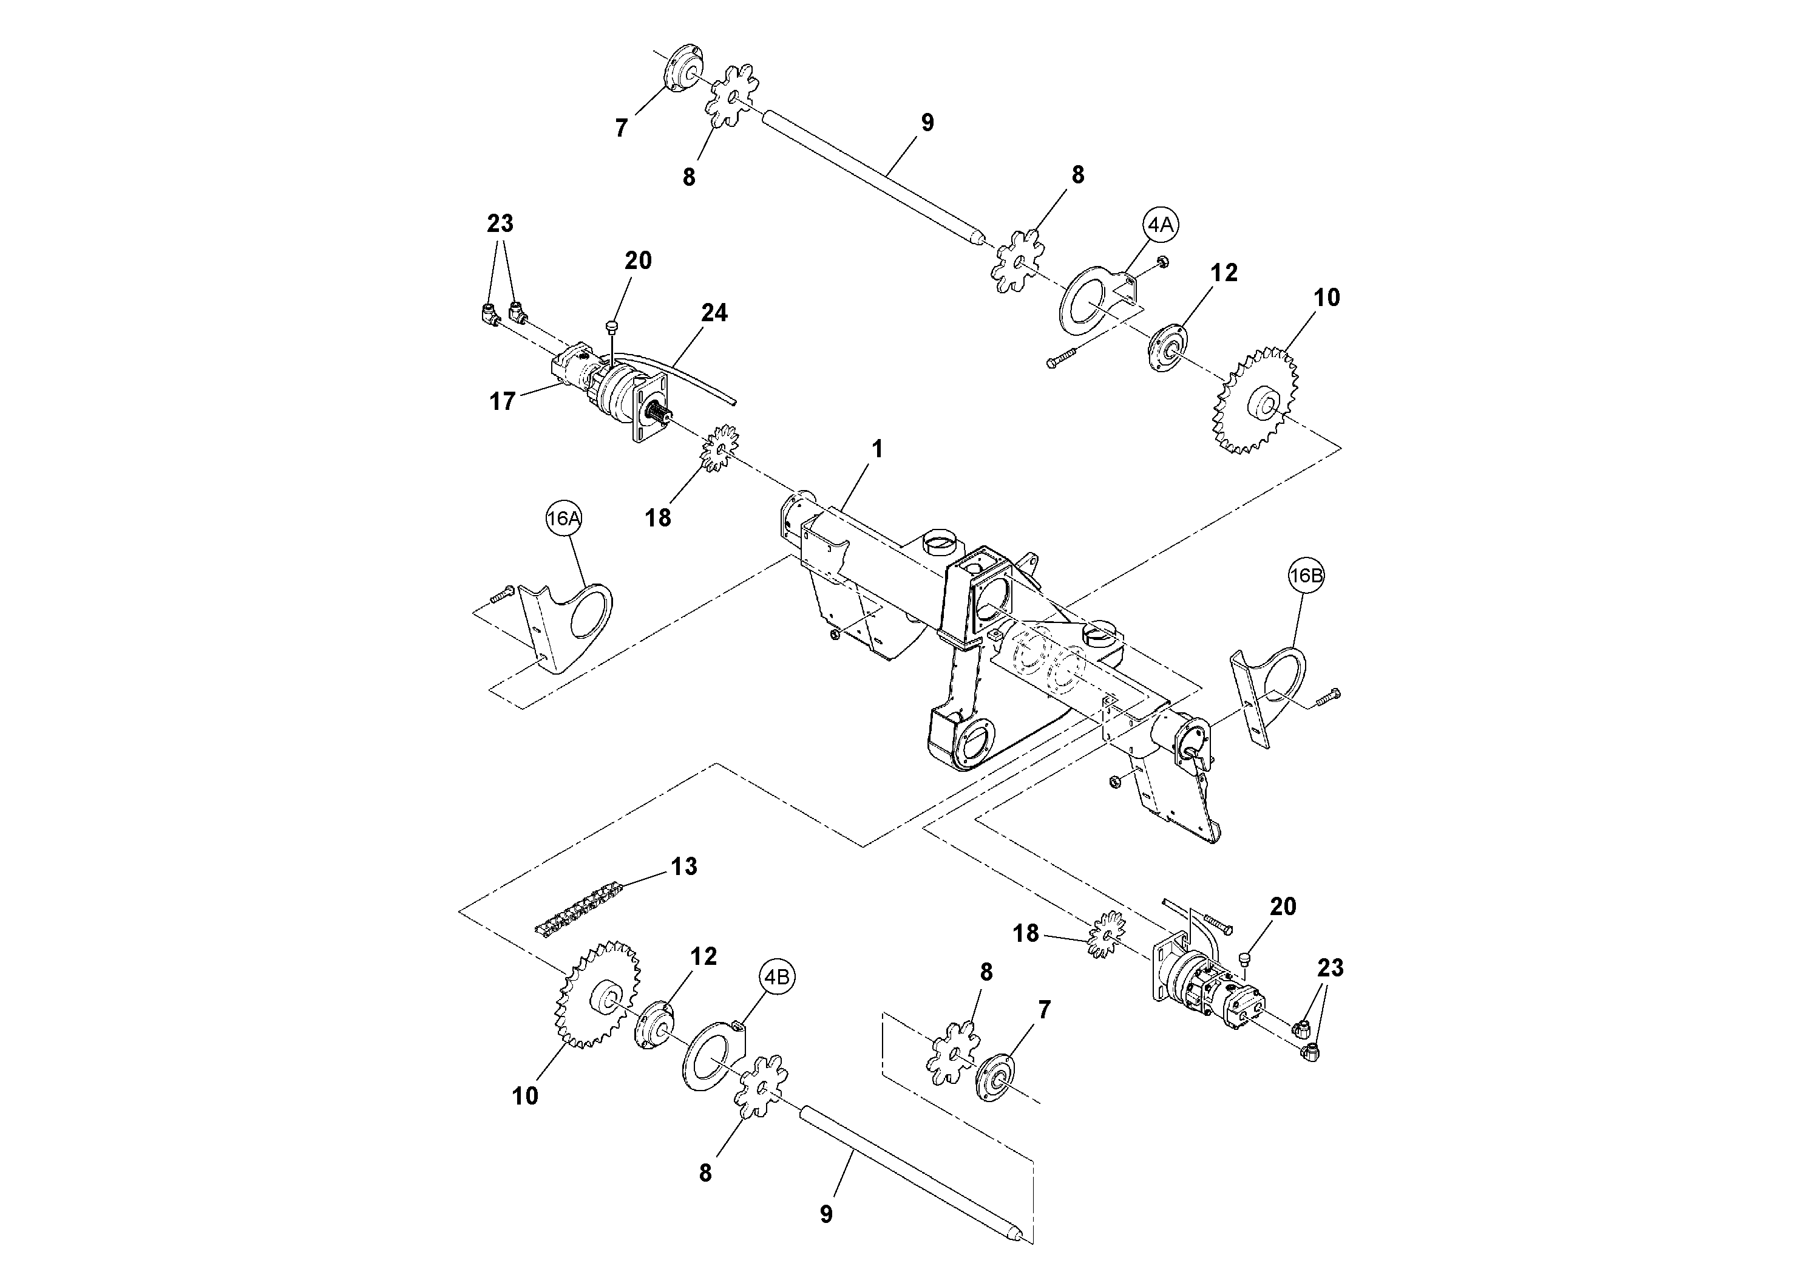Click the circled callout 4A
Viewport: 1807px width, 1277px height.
(1160, 225)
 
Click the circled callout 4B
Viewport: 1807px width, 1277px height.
(777, 977)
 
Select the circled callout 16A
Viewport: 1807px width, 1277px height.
(563, 518)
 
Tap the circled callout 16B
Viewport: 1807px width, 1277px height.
(1306, 576)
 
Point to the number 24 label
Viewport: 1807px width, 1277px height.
(714, 313)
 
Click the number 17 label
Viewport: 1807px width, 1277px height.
(502, 401)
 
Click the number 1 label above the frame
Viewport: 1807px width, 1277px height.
(878, 449)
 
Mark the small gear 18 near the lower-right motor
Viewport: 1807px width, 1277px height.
(1106, 934)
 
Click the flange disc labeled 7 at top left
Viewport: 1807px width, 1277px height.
(681, 70)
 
